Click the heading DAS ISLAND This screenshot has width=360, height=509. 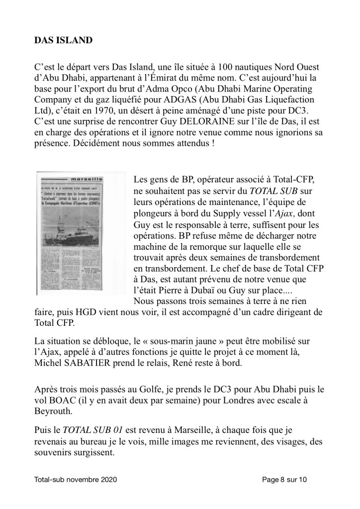pos(63,40)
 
